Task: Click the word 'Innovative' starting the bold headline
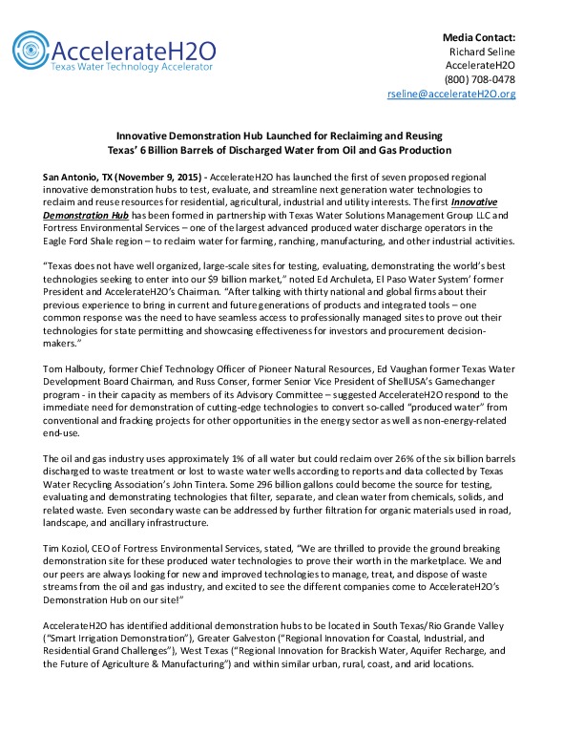point(157,137)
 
